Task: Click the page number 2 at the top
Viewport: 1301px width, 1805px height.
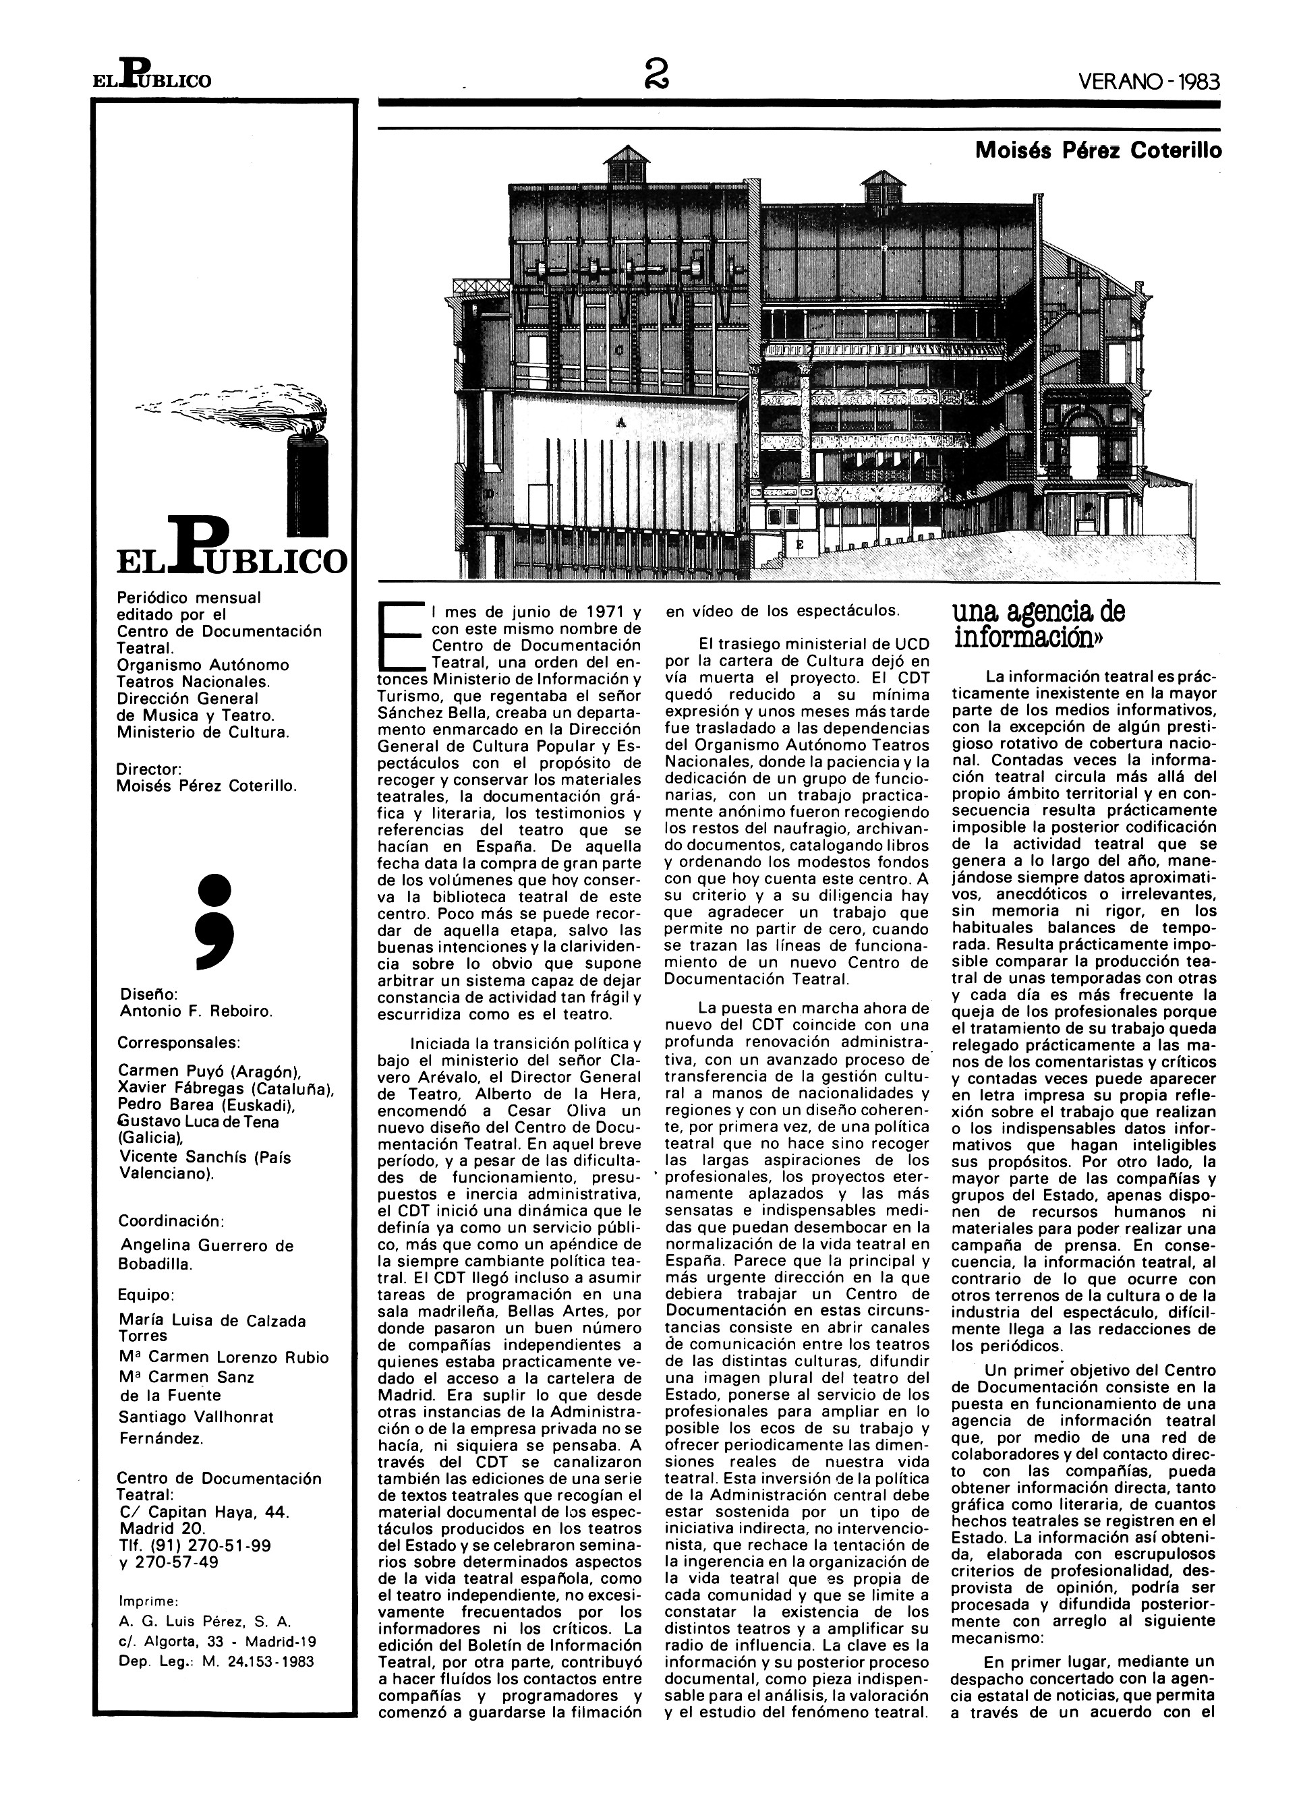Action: [659, 77]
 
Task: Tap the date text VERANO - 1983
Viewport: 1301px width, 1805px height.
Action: [1149, 80]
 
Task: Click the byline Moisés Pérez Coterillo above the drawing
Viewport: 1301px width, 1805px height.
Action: [1098, 151]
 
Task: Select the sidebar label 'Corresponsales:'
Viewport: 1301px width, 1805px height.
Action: [179, 1042]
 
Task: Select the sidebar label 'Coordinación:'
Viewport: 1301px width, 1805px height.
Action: [171, 1221]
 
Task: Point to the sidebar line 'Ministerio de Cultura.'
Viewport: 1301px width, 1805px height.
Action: [203, 732]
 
